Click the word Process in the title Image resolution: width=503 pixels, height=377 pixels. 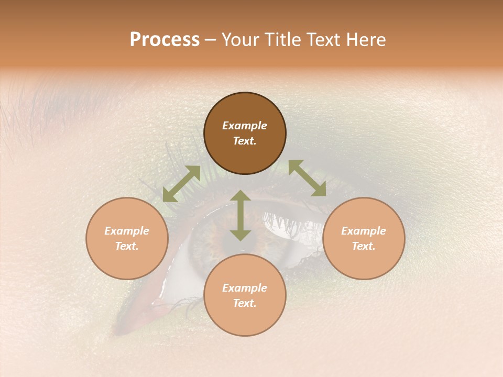[165, 40]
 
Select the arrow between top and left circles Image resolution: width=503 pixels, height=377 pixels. [181, 184]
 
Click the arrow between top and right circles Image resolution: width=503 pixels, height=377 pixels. [307, 179]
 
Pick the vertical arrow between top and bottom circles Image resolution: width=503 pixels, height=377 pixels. [240, 215]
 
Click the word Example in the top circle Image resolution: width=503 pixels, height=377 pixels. [245, 126]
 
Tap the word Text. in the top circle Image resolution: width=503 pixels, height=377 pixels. [245, 141]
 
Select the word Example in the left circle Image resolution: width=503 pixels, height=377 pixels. [127, 231]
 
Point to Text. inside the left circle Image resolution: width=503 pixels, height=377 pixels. [127, 246]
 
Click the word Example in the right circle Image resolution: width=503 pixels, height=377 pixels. [364, 231]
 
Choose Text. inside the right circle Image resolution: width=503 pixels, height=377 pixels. [364, 246]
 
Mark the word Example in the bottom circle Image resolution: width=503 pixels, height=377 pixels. [245, 288]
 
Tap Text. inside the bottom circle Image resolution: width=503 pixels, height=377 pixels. [245, 303]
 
